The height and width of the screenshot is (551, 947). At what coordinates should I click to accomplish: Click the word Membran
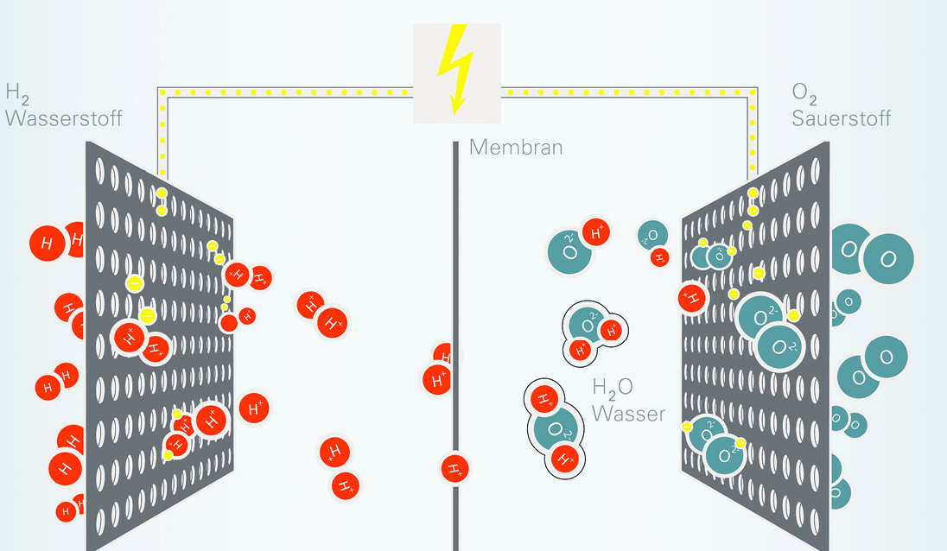516,148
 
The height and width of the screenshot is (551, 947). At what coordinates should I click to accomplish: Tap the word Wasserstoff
63,117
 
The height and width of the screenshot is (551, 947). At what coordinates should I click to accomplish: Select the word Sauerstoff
841,117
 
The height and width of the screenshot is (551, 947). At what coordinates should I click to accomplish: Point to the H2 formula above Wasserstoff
17,93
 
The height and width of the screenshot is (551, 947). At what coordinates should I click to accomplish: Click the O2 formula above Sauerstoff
804,93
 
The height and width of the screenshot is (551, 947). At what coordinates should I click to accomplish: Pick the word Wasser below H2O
628,414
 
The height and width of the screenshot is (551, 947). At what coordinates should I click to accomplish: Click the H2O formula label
613,388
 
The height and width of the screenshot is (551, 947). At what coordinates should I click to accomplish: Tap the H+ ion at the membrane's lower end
454,469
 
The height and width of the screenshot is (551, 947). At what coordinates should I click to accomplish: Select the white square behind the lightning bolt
457,73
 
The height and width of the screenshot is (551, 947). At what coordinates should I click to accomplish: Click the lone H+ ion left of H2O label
254,408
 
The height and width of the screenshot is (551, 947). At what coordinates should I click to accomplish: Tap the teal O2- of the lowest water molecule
555,429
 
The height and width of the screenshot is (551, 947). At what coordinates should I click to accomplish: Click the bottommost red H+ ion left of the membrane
346,486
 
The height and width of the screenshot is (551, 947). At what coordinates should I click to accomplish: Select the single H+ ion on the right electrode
692,298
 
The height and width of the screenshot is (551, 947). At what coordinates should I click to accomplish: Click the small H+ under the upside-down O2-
659,257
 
